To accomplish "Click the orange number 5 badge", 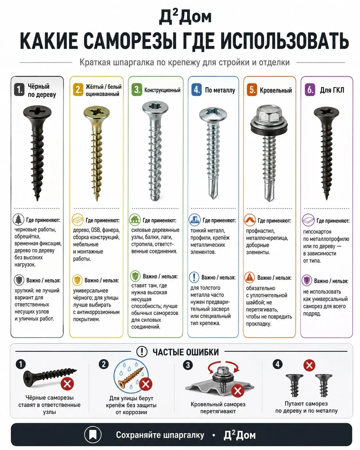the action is pyautogui.click(x=252, y=90).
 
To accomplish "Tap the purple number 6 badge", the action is pyautogui.click(x=310, y=90).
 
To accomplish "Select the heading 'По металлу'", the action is pyautogui.click(x=220, y=90).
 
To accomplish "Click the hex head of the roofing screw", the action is pyautogui.click(x=269, y=114).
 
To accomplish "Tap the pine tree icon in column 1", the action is pyautogui.click(x=19, y=220).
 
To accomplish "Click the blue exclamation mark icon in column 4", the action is pyautogui.click(x=194, y=277).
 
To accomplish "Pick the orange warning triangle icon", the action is pyautogui.click(x=250, y=277).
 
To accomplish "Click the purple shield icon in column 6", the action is pyautogui.click(x=307, y=281).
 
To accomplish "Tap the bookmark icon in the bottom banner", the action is pyautogui.click(x=93, y=435).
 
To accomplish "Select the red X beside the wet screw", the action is pyautogui.click(x=146, y=384).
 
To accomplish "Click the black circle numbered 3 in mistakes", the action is pyautogui.click(x=188, y=365).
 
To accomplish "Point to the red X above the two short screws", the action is pyautogui.click(x=309, y=365).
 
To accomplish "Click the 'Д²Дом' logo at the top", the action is pyautogui.click(x=185, y=17).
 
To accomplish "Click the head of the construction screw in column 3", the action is pyautogui.click(x=155, y=108).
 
